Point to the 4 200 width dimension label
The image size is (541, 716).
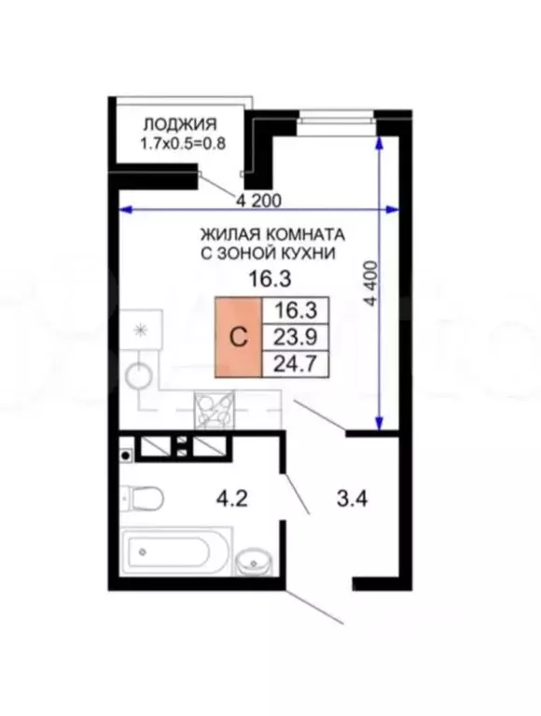258,199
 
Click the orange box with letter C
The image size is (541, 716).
239,338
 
